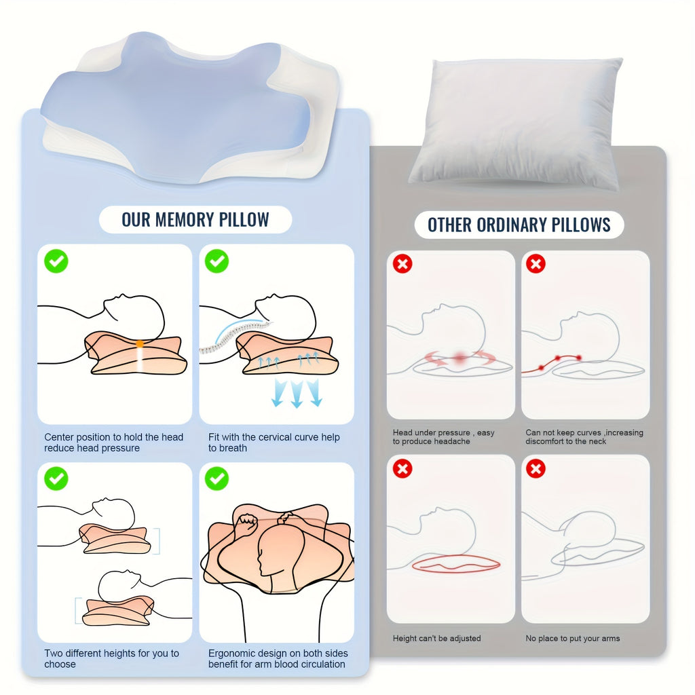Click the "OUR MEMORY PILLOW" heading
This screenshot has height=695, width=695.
click(x=195, y=220)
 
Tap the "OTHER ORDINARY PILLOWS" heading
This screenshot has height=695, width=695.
click(x=519, y=225)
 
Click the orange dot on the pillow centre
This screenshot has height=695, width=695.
click(x=140, y=343)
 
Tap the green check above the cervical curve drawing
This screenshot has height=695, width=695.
click(x=217, y=261)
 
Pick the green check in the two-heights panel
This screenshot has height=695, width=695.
click(x=56, y=478)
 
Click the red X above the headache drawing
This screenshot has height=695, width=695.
click(x=402, y=264)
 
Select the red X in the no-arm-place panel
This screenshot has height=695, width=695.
click(x=536, y=468)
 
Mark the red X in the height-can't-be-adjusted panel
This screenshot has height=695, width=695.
click(x=402, y=468)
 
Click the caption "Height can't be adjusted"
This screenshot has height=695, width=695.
click(x=436, y=638)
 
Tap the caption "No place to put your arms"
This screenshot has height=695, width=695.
click(x=573, y=638)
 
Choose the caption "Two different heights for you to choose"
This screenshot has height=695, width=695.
click(x=112, y=658)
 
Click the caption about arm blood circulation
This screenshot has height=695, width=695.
click(x=278, y=658)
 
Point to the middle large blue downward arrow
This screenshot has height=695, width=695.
click(x=297, y=394)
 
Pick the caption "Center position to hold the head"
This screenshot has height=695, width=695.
click(x=113, y=437)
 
